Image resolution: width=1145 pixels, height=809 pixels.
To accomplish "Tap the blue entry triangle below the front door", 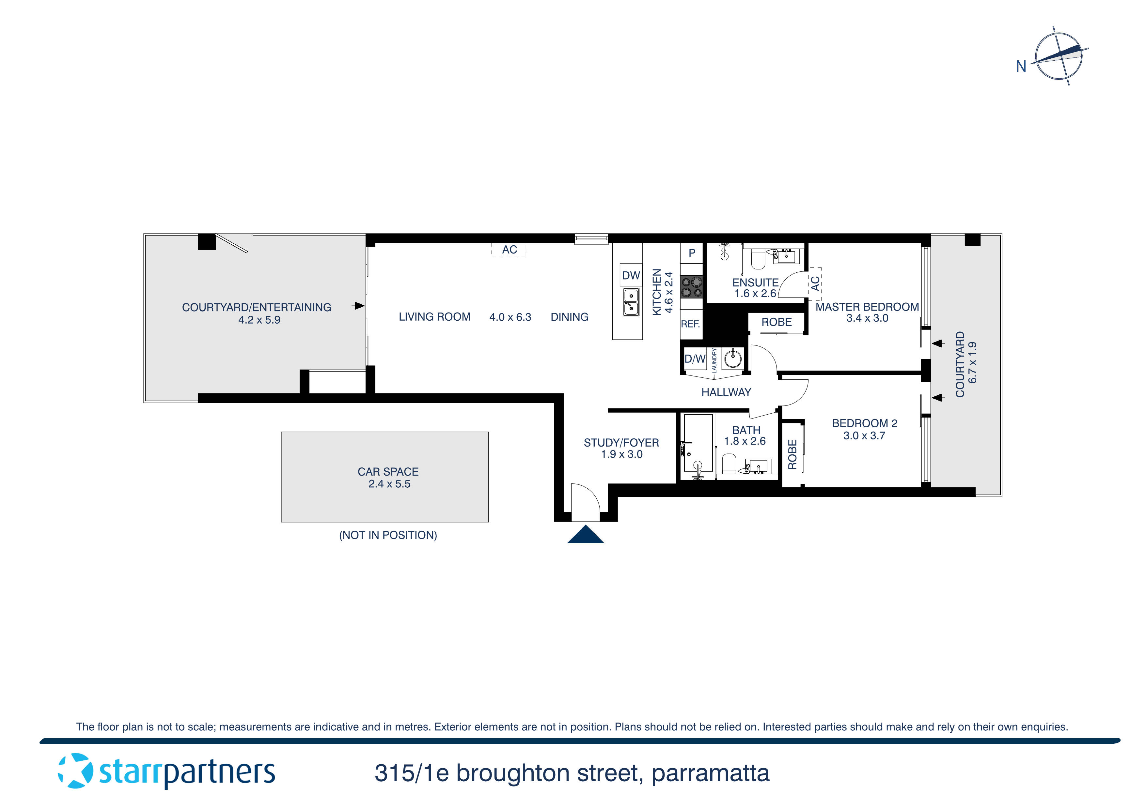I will pos(586,535).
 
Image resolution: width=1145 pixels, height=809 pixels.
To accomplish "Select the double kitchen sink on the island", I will pos(631,302).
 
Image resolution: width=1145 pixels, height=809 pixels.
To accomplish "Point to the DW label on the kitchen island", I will pos(631,275).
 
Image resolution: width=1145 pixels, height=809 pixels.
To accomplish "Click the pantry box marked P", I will pos(692,253).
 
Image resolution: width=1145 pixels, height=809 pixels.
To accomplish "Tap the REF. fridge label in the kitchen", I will pos(690,324).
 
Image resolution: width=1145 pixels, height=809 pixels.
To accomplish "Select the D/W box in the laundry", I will pos(695,359).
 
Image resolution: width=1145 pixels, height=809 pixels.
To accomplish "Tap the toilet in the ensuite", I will pos(758,260).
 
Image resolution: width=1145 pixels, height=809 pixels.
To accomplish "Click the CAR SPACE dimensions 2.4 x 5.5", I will pos(389,484).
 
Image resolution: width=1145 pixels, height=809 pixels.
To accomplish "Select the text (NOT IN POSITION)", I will pos(388,535).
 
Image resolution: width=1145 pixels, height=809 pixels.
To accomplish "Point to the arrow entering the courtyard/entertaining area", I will pos(358,306).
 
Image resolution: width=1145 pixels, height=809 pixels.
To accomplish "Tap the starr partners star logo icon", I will pos(75,771).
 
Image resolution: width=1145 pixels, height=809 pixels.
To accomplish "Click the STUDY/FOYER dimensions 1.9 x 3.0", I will pos(621,454).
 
